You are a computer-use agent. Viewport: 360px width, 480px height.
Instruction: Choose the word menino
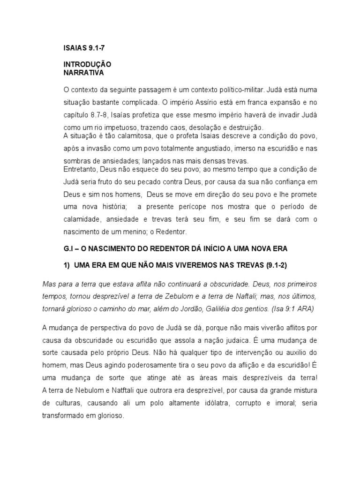132,232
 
